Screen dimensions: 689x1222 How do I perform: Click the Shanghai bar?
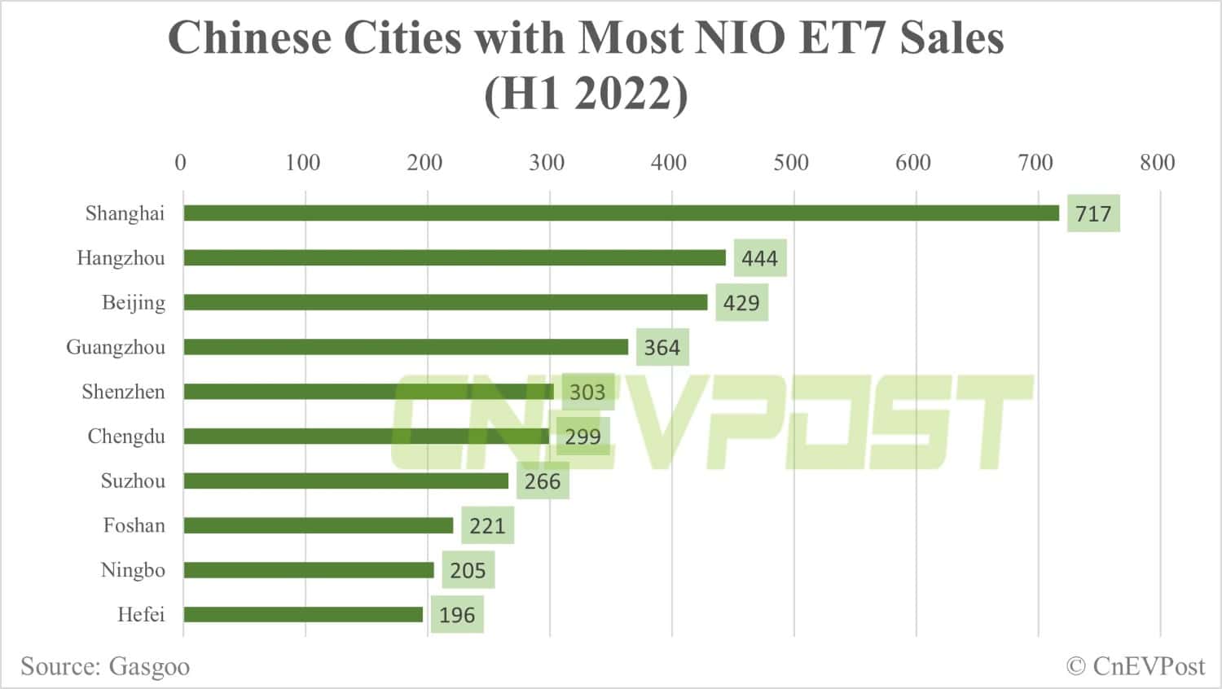point(621,213)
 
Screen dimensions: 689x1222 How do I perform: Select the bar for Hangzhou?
point(455,258)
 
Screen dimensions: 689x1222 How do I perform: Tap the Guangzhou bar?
point(406,347)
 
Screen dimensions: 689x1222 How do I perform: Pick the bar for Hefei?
point(303,614)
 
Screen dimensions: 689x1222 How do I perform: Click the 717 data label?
point(1093,214)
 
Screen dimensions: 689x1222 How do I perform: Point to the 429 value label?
point(741,303)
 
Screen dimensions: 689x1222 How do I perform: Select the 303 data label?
point(587,393)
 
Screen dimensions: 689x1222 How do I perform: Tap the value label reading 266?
point(543,481)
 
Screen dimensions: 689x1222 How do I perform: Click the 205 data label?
point(468,570)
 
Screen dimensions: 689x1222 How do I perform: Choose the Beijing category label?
point(134,303)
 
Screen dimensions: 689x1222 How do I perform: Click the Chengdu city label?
point(126,437)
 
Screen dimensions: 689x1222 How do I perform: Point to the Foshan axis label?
point(134,525)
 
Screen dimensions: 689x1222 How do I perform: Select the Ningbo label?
point(133,570)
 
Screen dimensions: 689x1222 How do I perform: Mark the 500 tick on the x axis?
point(791,163)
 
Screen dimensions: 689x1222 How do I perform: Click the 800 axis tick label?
point(1157,163)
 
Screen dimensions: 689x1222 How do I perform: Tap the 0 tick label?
point(181,163)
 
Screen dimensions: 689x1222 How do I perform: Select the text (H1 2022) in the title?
point(586,94)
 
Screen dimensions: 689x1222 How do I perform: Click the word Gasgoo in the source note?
point(149,667)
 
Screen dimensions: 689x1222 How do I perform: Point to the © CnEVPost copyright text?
point(1135,666)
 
